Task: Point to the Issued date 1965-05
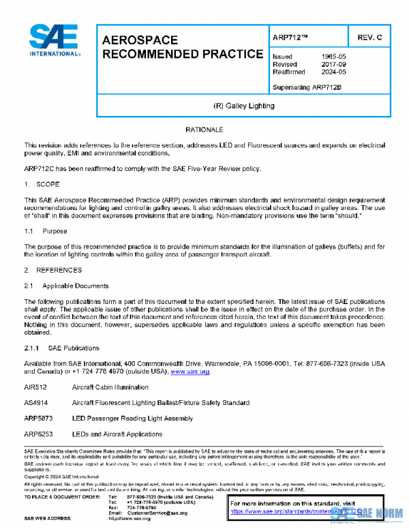[x=333, y=57]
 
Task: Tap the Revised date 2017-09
[x=333, y=64]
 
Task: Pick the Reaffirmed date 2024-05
[x=333, y=72]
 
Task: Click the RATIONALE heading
[x=204, y=130]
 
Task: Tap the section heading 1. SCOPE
[x=42, y=185]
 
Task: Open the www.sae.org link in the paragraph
[x=190, y=372]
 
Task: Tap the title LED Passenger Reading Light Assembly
[x=132, y=419]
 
